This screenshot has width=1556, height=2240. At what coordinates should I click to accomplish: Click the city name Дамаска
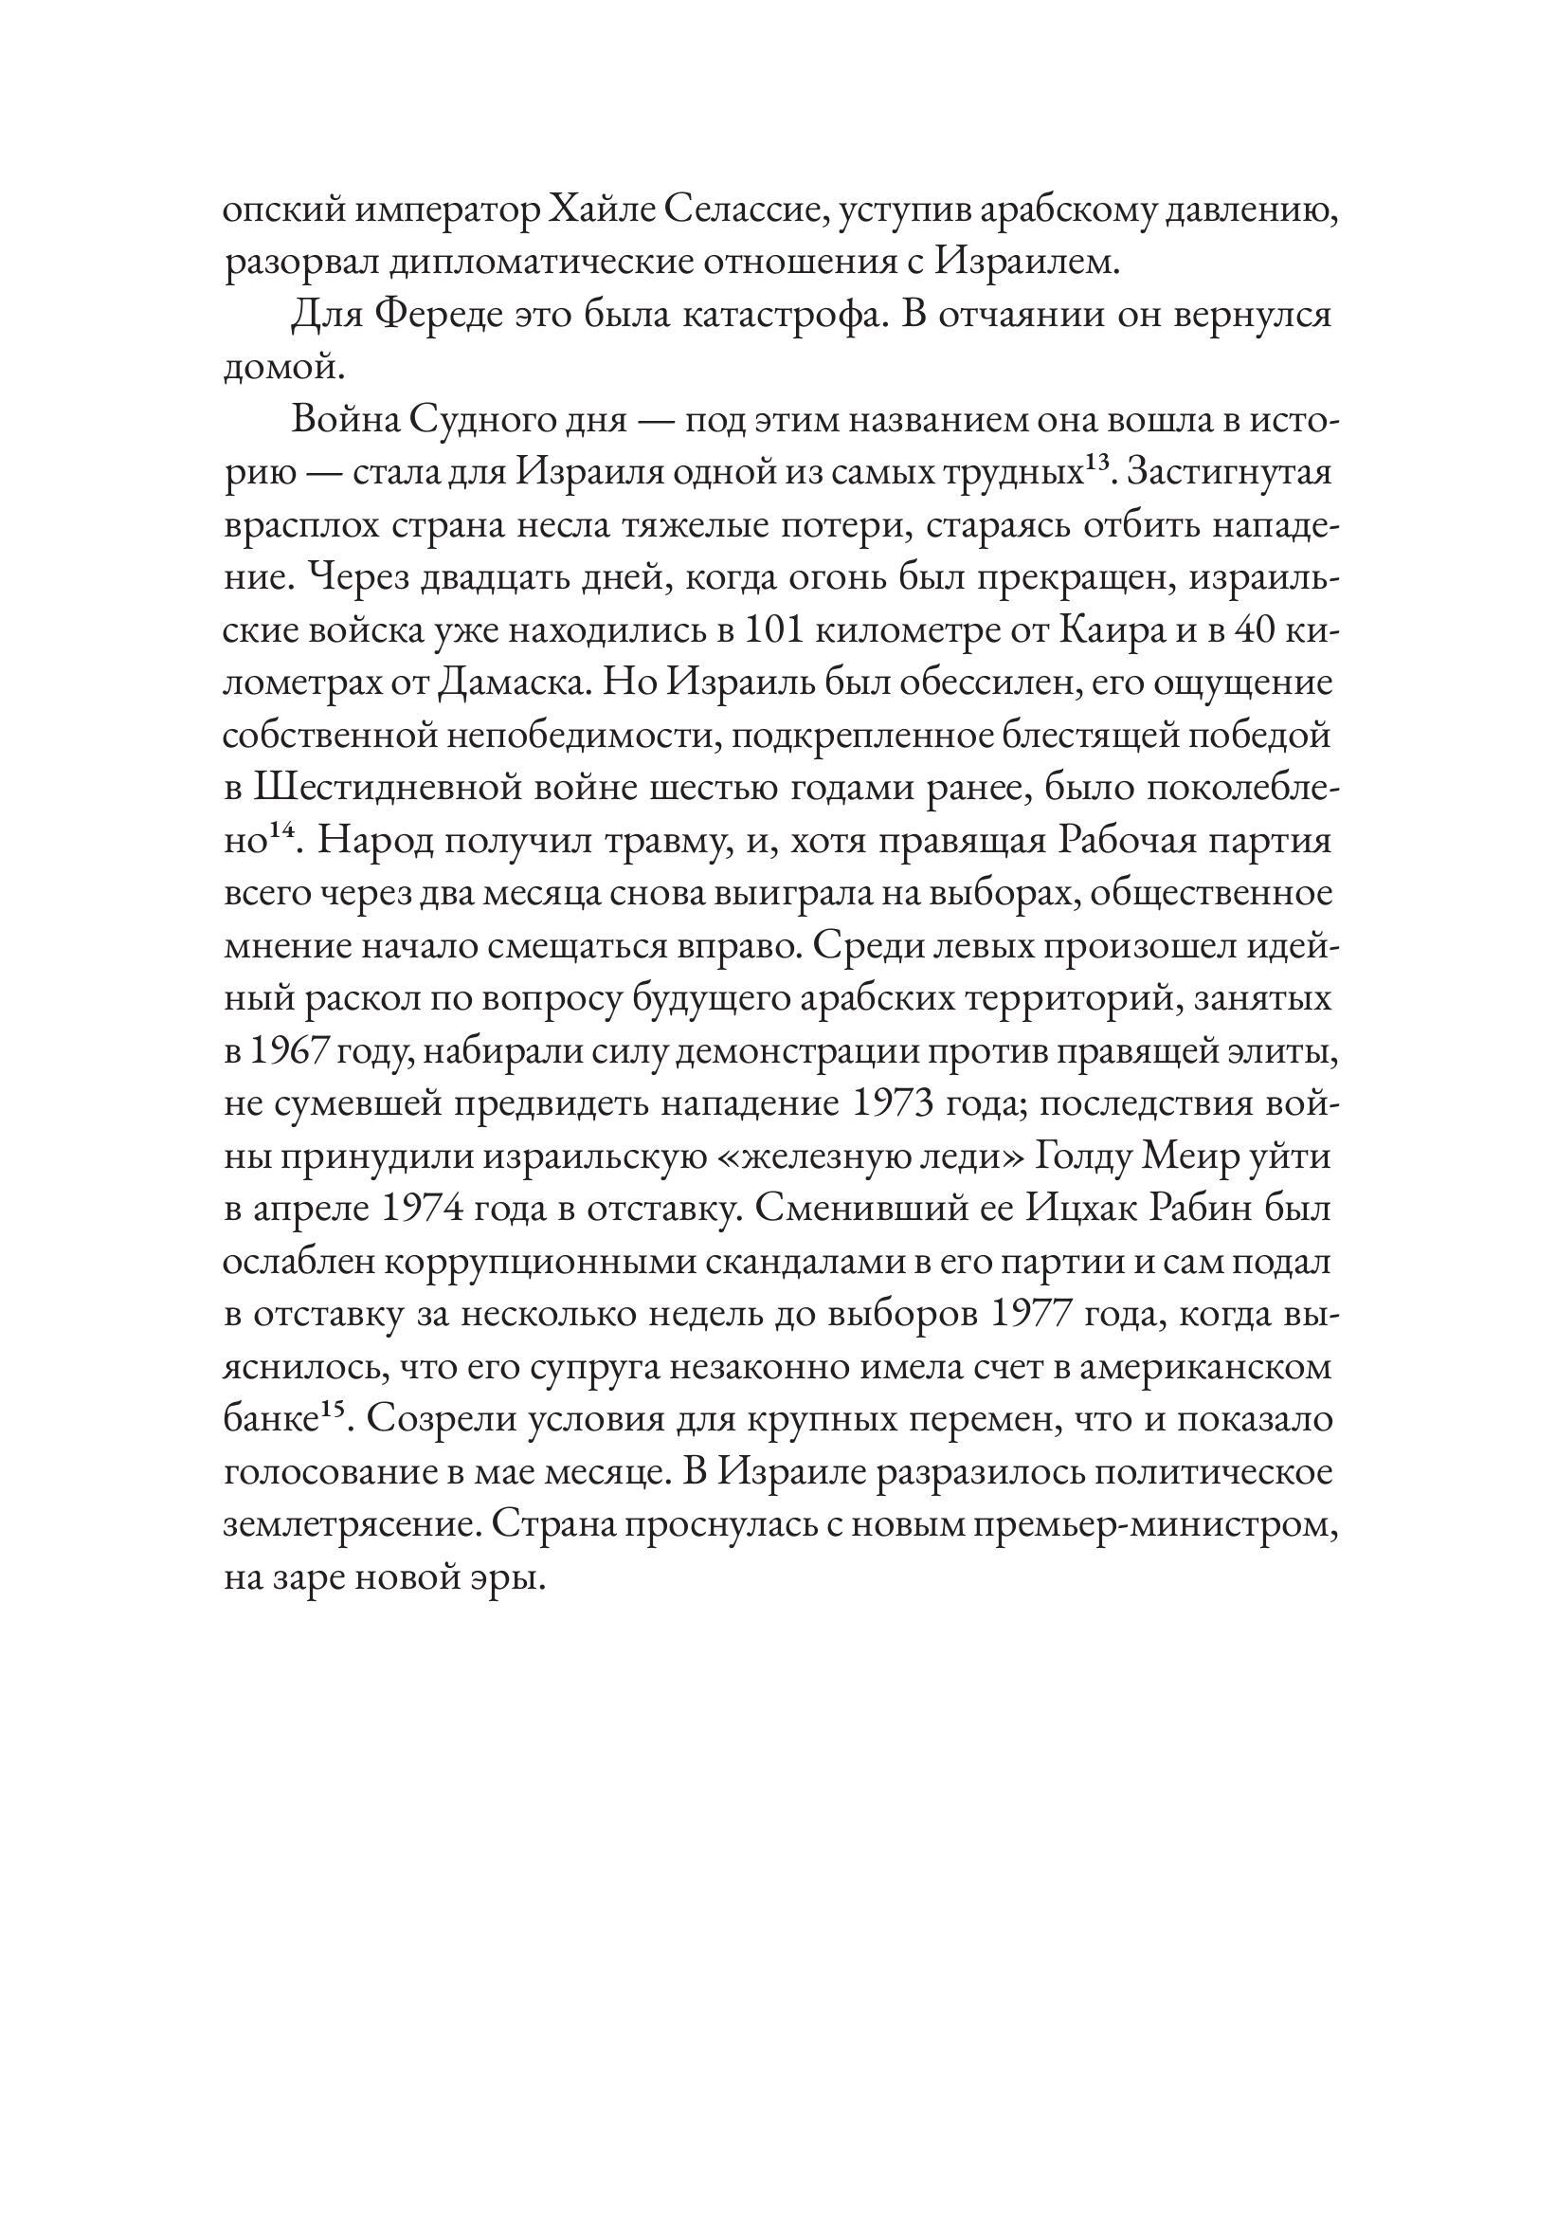coord(515,683)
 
